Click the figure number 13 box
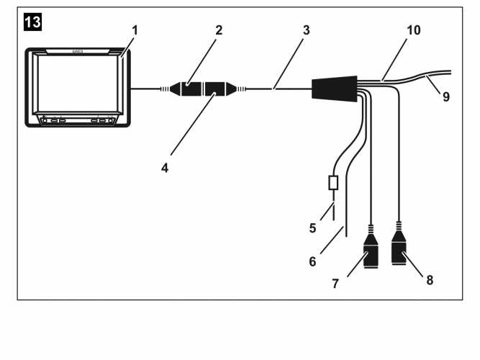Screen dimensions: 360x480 pos(33,22)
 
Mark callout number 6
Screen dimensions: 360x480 pos(312,261)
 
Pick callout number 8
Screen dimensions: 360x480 pos(430,279)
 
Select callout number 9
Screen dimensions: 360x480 pos(445,96)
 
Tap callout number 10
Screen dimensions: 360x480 pos(413,31)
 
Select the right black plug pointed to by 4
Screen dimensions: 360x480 pos(219,90)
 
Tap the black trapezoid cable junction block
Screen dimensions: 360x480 pos(334,88)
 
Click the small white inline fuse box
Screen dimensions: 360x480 pos(332,183)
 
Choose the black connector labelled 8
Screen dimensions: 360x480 pos(399,253)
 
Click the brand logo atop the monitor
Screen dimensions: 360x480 pos(78,52)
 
